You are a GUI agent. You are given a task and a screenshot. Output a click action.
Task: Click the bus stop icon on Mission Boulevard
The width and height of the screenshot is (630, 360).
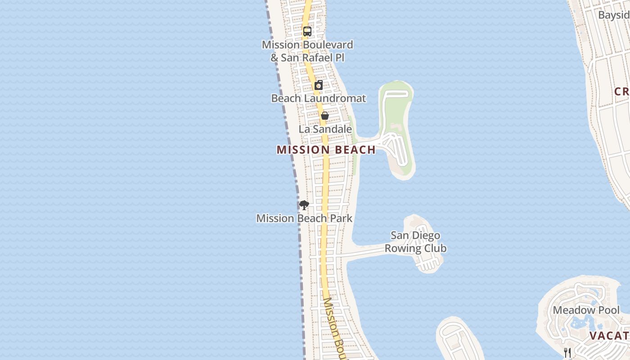307,31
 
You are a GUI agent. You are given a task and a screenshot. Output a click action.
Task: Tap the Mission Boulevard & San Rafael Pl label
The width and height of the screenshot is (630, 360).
307,51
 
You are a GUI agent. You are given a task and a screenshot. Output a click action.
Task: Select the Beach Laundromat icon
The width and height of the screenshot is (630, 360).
319,85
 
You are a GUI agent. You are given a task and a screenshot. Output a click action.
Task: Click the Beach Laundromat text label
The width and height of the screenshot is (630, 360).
319,98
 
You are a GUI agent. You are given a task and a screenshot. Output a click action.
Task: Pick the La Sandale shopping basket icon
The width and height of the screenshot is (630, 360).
324,116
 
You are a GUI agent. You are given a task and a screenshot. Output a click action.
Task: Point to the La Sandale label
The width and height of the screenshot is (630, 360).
325,129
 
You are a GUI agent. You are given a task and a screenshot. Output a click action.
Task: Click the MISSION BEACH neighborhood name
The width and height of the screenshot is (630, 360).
326,150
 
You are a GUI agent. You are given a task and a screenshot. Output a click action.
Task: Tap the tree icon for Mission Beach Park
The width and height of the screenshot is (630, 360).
304,205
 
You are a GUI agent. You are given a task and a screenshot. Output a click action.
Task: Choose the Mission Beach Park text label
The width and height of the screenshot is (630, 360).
304,219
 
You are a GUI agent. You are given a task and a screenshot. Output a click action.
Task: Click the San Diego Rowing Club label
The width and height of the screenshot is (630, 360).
415,242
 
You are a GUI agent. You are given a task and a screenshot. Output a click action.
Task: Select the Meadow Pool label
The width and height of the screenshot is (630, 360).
586,310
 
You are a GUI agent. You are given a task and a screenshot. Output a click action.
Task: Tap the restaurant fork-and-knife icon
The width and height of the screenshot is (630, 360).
567,352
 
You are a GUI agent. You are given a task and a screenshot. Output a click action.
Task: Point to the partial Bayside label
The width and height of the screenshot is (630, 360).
614,15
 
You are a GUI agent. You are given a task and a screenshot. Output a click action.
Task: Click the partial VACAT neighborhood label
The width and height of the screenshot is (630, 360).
609,336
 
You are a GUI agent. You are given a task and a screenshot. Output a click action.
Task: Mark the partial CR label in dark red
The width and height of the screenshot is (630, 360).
621,92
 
